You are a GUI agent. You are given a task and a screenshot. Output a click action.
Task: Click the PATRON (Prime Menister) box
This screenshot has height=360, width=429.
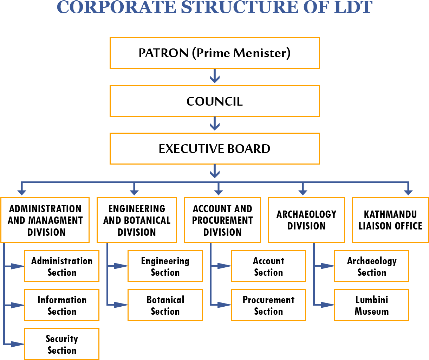coord(215,53)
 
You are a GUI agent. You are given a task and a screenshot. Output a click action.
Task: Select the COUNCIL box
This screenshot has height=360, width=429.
coord(215,101)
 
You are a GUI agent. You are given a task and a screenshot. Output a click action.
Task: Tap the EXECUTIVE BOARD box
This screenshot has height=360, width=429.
coord(215,149)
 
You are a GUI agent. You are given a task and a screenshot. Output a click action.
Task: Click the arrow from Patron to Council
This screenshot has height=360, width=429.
coord(215,76)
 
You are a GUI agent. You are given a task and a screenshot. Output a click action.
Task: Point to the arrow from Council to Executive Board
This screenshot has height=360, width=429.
coord(215,124)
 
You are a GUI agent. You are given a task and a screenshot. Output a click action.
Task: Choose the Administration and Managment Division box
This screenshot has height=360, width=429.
coord(45,220)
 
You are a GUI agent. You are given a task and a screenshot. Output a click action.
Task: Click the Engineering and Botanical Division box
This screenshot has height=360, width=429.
coord(137,220)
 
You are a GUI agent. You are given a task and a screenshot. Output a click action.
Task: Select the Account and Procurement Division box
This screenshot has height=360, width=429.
coord(222,220)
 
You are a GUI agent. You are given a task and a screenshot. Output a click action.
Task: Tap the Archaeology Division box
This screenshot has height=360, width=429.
coord(306,220)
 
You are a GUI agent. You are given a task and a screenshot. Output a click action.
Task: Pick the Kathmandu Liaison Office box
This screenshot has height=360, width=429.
coord(390,220)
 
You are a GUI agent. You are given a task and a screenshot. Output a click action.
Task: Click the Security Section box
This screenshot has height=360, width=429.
coord(62,344)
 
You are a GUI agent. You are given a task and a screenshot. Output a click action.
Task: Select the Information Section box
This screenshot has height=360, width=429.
coord(62,305)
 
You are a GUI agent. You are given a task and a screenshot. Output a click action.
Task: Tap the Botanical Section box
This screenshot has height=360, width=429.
coord(165,305)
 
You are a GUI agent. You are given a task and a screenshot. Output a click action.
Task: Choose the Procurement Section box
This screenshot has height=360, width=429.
coord(268,305)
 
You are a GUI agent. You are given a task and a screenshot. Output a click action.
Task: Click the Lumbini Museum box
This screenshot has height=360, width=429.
coord(372,305)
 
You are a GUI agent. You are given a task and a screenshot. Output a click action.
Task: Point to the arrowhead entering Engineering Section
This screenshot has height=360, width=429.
coord(121,266)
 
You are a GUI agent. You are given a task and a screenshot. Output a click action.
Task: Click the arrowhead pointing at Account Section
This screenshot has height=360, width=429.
coord(224,266)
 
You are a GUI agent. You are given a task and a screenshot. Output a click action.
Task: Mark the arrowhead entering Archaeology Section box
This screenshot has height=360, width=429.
coord(327,266)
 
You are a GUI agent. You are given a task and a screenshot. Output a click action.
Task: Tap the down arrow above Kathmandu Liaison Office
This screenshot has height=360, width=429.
coord(408,188)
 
